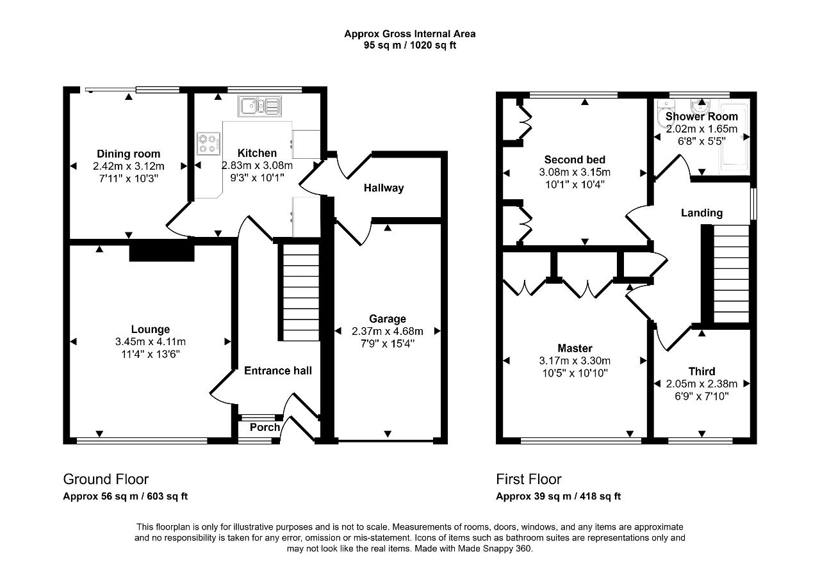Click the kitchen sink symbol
tap(259, 106)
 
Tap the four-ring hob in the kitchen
tap(208, 143)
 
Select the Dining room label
tap(129, 154)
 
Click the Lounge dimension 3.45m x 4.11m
tap(151, 342)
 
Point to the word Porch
tap(265, 428)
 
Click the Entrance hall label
tap(278, 371)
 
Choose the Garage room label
tap(388, 319)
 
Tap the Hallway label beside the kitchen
tap(384, 188)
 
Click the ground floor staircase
tap(301, 293)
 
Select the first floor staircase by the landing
tap(732, 273)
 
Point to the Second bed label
tap(575, 159)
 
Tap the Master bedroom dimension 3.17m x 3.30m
tap(575, 361)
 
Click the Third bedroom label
tap(701, 371)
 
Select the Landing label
tap(701, 213)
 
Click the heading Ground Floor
tap(106, 479)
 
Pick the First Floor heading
tap(529, 479)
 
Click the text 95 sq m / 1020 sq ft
tap(410, 45)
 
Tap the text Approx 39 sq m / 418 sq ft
tap(558, 496)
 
